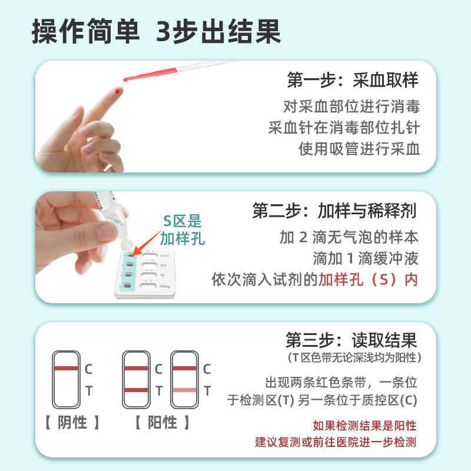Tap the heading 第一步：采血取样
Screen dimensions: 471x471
coord(352,80)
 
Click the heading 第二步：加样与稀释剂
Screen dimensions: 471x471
coord(334,211)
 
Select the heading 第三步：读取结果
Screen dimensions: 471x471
coord(351,340)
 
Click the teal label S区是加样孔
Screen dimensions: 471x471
coord(183,230)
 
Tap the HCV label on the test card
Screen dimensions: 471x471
coord(164,266)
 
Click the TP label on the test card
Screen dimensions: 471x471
coord(162,276)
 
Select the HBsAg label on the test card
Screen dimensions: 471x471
coord(165,286)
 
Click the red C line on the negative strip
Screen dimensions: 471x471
coord(66,368)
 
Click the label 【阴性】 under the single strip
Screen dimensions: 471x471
coord(72,422)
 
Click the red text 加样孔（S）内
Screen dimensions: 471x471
coord(368,279)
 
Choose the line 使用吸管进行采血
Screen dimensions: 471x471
coord(359,148)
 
